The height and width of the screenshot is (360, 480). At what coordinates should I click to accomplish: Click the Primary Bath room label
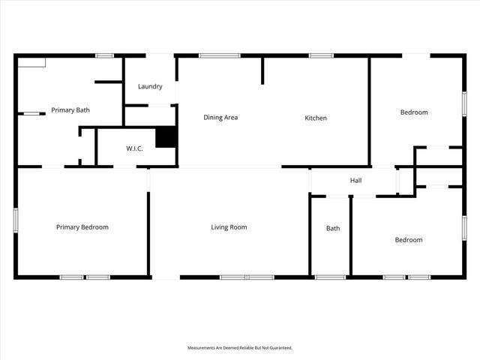[x=70, y=110]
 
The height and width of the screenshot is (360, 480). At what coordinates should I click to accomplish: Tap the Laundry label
[x=150, y=86]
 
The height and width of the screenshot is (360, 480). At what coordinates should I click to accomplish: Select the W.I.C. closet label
[x=135, y=148]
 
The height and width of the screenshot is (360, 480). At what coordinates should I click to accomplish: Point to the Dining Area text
[x=220, y=117]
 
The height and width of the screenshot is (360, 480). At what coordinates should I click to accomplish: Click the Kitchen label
[x=315, y=118]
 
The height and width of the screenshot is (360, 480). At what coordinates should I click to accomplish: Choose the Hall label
[x=355, y=181]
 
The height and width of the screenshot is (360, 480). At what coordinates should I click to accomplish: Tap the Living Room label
[x=229, y=227]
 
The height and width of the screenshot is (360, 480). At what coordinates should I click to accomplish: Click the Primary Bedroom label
[x=82, y=227]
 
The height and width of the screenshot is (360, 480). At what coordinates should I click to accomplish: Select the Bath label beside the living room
[x=333, y=229]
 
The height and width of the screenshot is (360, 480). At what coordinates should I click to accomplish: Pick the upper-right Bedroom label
[x=414, y=112]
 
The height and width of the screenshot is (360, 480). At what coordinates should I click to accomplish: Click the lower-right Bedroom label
[x=409, y=240]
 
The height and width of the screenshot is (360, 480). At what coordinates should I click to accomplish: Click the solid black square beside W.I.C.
[x=165, y=137]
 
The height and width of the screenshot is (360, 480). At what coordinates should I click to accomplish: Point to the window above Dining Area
[x=220, y=55]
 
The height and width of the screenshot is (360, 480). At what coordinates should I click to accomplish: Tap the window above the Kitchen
[x=321, y=55]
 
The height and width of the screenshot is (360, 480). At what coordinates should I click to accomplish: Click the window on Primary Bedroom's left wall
[x=16, y=222]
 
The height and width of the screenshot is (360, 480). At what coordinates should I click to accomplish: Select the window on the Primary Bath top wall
[x=104, y=55]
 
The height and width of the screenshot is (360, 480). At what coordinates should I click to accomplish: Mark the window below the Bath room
[x=330, y=277]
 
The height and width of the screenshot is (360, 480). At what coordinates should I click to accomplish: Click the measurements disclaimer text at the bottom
[x=239, y=348]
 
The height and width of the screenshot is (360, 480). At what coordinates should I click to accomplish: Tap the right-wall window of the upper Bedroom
[x=463, y=103]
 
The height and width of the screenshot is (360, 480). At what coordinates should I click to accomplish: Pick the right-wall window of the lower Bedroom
[x=463, y=227]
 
